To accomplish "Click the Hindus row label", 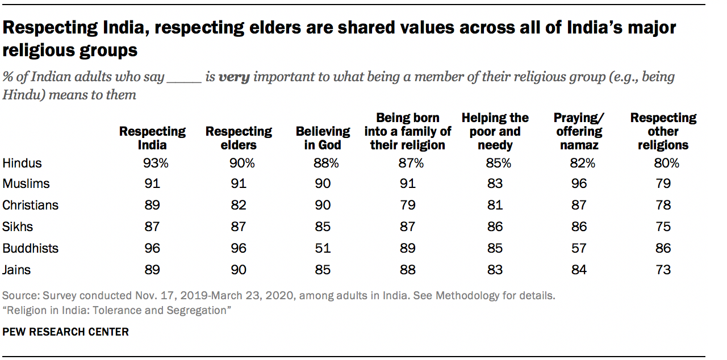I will click(x=22, y=164).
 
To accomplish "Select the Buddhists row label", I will click(x=31, y=249).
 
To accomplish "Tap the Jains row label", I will click(x=17, y=270).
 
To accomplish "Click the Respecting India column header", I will click(x=152, y=138).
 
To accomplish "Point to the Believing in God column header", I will click(x=318, y=138).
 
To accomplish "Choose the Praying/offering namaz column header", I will click(x=578, y=131).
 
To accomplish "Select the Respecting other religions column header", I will click(x=663, y=131).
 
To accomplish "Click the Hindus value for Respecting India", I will click(x=152, y=164).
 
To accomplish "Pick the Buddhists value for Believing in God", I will click(x=322, y=249).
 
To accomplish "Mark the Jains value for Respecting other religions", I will click(x=662, y=270).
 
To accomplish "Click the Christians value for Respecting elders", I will click(x=239, y=205).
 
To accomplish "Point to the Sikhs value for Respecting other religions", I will click(x=662, y=227).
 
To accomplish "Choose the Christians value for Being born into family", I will click(x=407, y=205).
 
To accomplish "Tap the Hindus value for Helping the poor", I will click(x=495, y=164).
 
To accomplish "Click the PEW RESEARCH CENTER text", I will click(x=66, y=332).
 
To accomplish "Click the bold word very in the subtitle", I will click(x=234, y=77).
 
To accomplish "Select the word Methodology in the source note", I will click(x=487, y=296).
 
